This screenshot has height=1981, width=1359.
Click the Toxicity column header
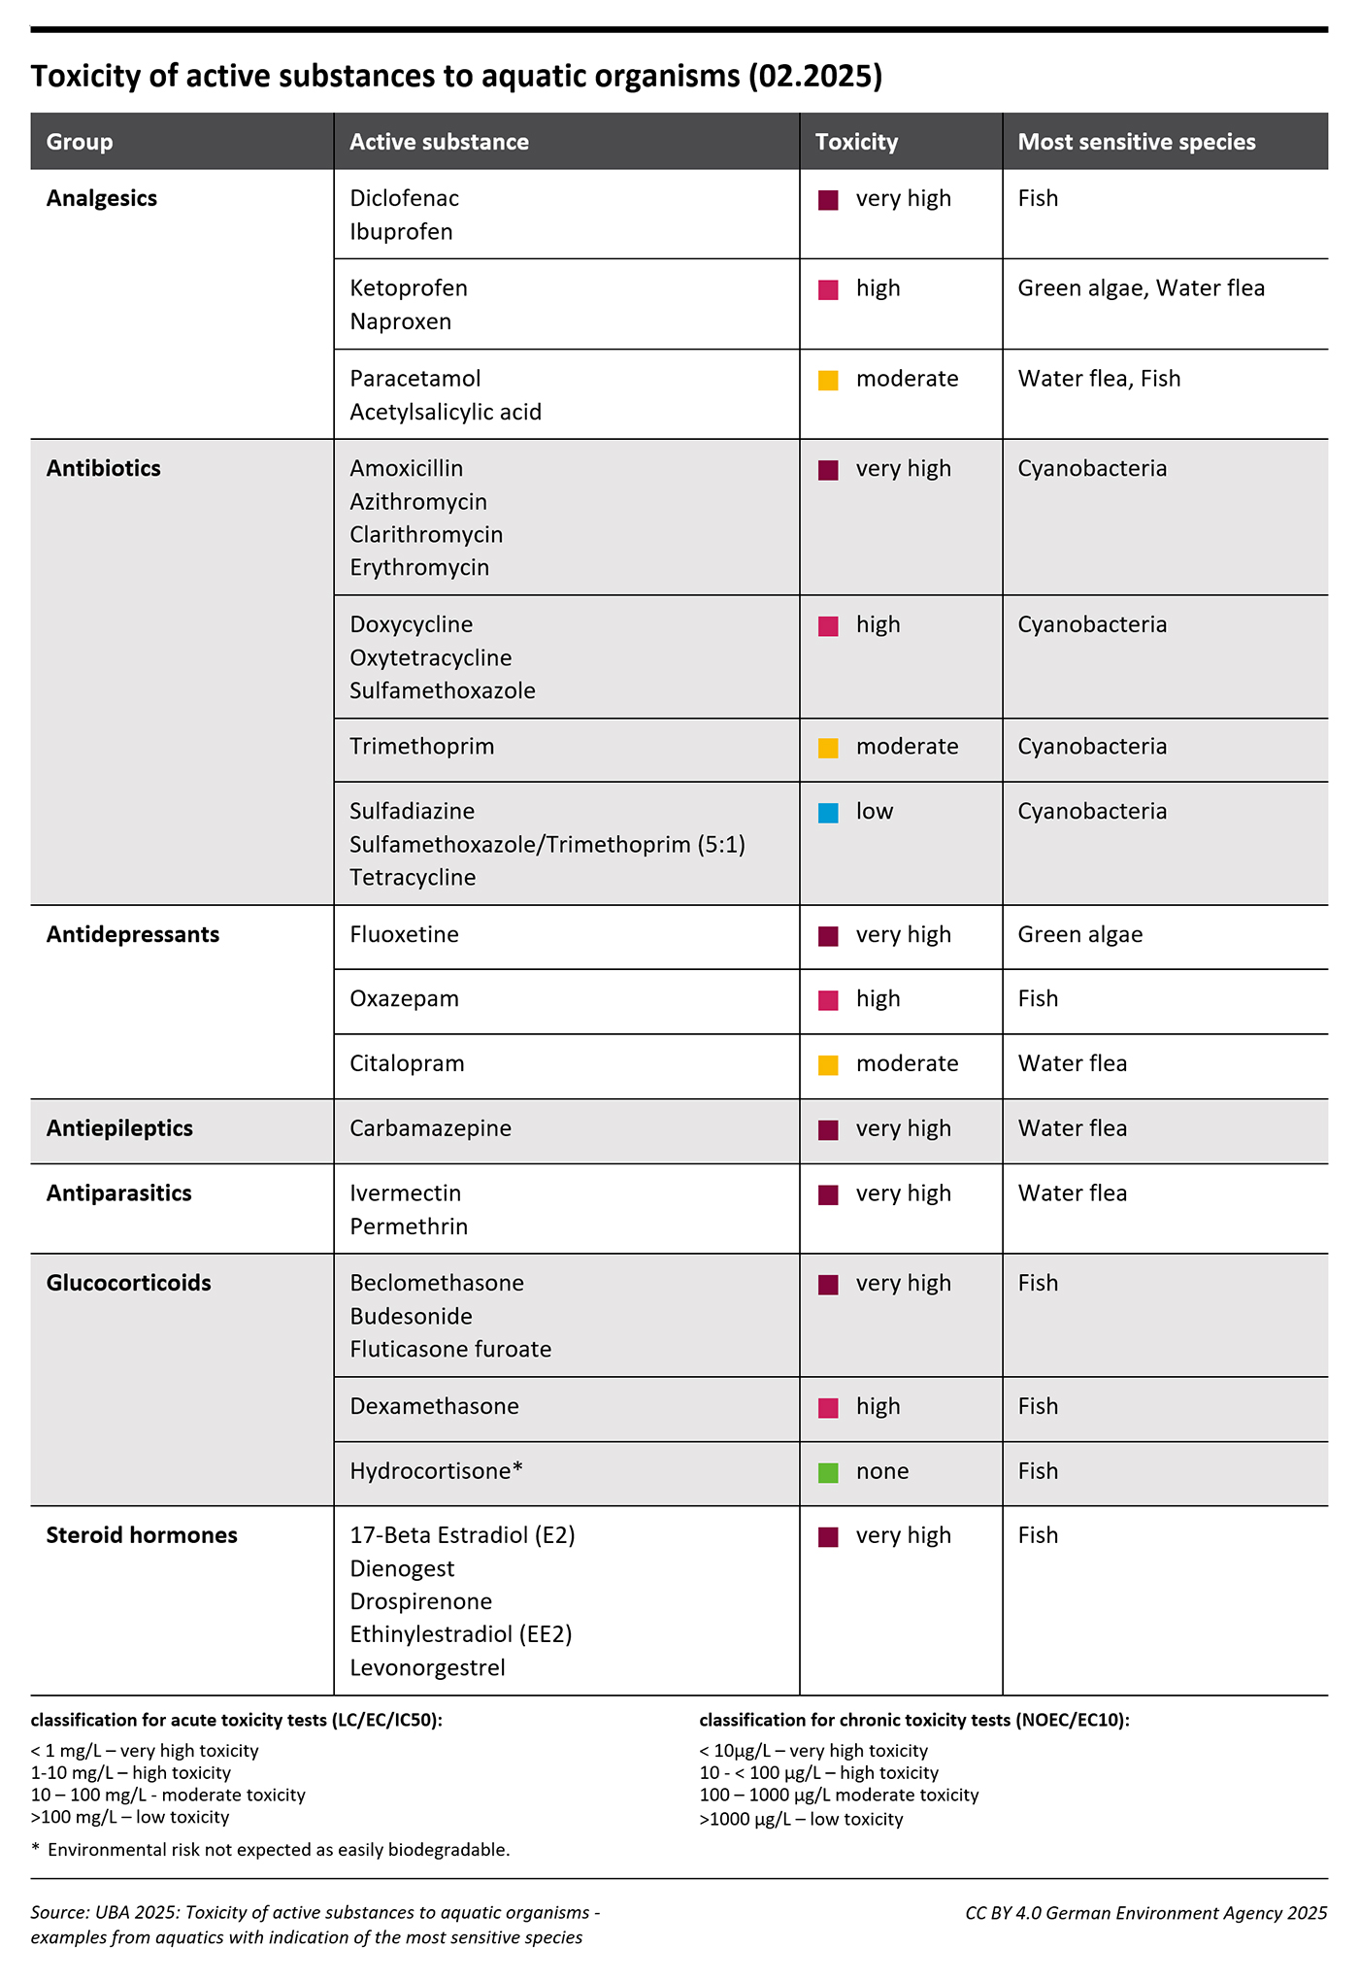click(x=856, y=142)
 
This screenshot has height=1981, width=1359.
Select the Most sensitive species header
click(x=1136, y=142)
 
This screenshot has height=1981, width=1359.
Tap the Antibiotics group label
click(x=104, y=468)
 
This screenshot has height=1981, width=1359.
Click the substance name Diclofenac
click(x=404, y=198)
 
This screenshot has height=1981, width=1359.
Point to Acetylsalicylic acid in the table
click(x=446, y=412)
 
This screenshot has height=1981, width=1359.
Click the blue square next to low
click(x=828, y=813)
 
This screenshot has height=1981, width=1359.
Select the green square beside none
click(x=828, y=1472)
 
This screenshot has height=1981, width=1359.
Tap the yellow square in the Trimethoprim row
click(x=828, y=748)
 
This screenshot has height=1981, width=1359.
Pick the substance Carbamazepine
click(x=430, y=1128)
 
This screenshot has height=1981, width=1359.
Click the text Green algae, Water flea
click(x=1141, y=288)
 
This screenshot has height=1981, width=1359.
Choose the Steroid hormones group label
click(x=142, y=1535)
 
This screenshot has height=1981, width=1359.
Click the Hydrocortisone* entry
click(x=436, y=1471)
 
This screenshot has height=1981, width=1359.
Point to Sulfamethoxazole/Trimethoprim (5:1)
click(x=547, y=845)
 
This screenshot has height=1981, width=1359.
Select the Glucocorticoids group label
click(x=128, y=1283)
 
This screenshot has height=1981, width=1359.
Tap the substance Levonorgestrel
click(x=427, y=1668)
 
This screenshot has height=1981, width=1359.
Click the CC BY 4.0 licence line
click(x=1145, y=1913)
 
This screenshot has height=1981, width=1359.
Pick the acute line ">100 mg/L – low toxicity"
click(x=130, y=1818)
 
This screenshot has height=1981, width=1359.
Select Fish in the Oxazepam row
click(x=1038, y=999)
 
